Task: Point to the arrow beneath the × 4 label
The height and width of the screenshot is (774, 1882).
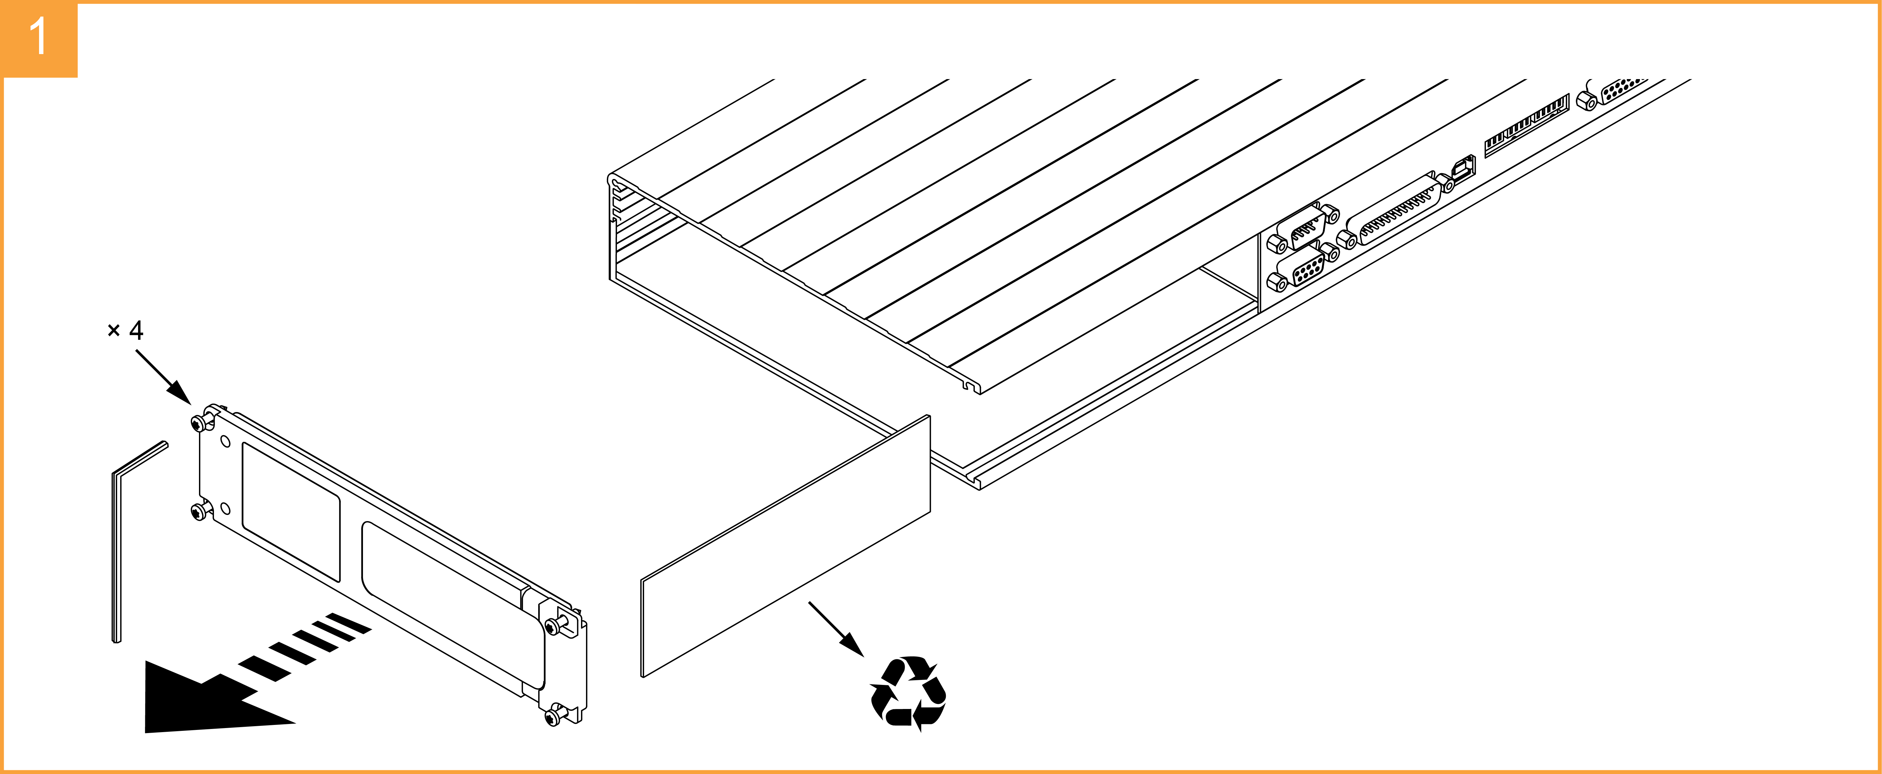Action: tap(164, 377)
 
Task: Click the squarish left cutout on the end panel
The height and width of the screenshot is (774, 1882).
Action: tap(291, 512)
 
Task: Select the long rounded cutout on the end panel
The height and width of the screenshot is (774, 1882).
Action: tap(453, 604)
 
